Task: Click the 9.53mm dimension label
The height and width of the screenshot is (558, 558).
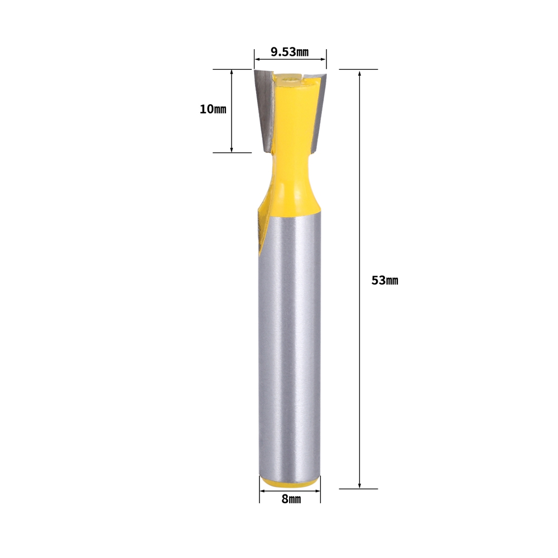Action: click(x=289, y=52)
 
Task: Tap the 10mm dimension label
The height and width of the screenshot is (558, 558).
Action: click(x=213, y=109)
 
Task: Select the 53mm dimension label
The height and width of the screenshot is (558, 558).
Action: click(x=384, y=281)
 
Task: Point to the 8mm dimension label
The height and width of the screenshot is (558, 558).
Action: click(x=291, y=499)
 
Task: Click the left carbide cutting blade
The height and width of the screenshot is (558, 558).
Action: click(x=264, y=109)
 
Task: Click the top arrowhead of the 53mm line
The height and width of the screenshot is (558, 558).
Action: click(x=360, y=73)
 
